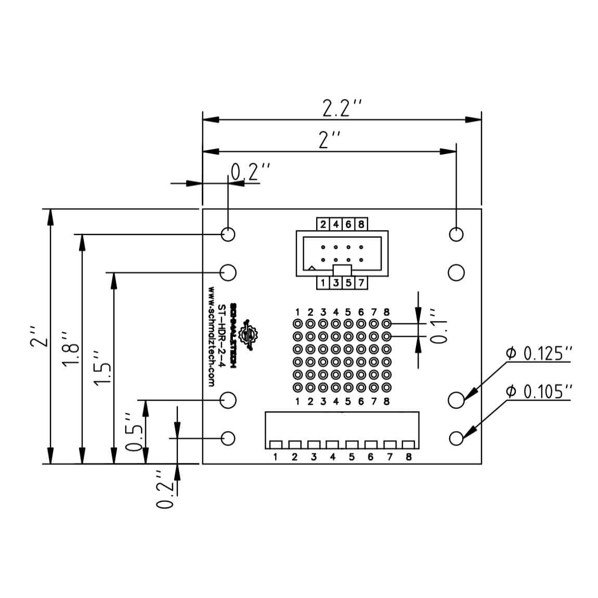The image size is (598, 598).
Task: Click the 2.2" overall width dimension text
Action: click(x=341, y=109)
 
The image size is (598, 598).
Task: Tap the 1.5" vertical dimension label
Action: click(x=103, y=367)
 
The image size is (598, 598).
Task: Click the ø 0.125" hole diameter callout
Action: click(x=539, y=354)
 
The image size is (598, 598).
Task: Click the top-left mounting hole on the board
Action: click(x=228, y=234)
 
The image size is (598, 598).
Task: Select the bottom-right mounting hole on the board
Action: click(x=456, y=438)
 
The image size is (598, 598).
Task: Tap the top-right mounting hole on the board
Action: click(x=456, y=234)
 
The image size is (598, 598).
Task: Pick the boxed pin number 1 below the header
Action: click(x=323, y=283)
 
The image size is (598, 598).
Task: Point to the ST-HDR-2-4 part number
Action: click(x=222, y=335)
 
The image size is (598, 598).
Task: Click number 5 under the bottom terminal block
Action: click(x=352, y=457)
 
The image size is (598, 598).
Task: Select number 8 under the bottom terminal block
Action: click(x=409, y=457)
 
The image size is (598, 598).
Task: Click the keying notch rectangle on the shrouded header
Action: click(x=342, y=270)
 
